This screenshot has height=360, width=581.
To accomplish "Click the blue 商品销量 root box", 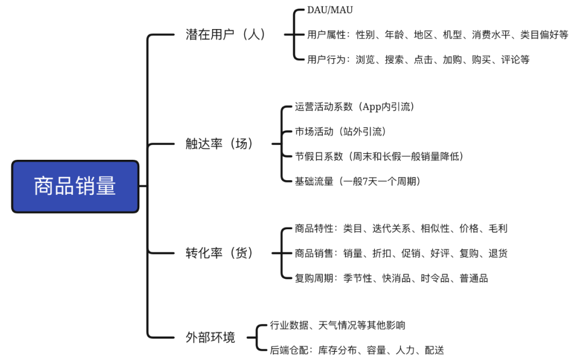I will click(75, 186).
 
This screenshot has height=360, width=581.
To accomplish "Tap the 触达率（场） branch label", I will click(219, 144).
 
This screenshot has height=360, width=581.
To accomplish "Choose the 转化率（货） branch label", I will click(219, 253).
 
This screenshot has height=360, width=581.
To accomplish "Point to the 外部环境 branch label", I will click(210, 338).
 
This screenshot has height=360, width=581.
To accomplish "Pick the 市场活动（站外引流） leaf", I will click(340, 131).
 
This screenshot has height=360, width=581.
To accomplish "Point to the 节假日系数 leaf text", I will click(319, 157).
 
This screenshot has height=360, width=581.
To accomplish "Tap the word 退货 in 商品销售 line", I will click(498, 253).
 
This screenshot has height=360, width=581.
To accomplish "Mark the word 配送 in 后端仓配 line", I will click(435, 350).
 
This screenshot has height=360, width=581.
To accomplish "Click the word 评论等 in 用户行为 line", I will click(515, 60).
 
